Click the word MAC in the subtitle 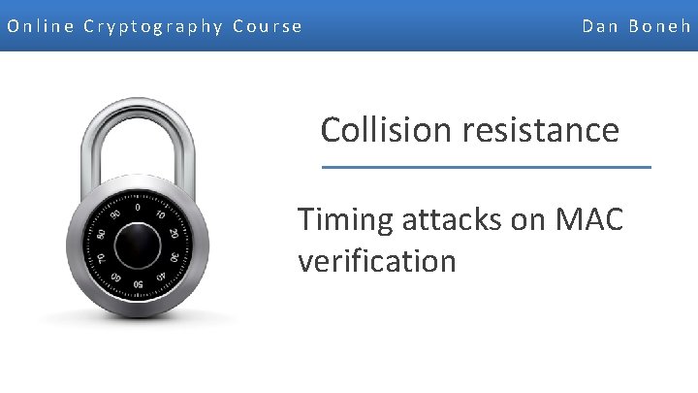click(587, 220)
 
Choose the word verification click(377, 260)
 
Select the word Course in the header click(268, 26)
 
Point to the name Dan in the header click(601, 26)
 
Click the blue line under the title click(486, 167)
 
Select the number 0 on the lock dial click(138, 207)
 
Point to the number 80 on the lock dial click(100, 235)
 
